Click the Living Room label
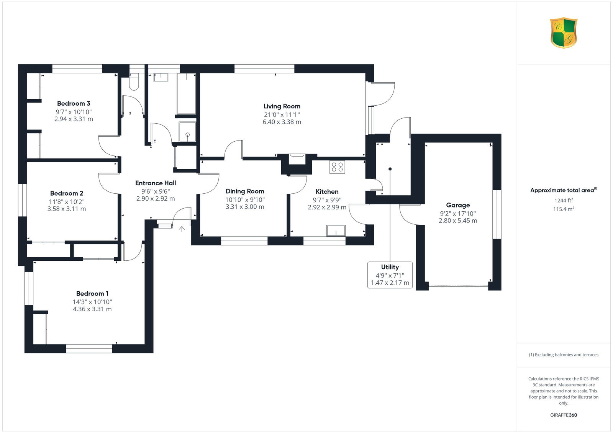[282, 106]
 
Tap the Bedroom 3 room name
[74, 103]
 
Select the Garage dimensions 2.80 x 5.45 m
[458, 221]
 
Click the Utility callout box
[390, 275]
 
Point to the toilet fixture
[134, 82]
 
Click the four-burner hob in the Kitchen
[337, 167]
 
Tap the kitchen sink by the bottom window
[336, 230]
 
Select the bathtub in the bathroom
[187, 94]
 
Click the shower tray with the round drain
[187, 132]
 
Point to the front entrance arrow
[182, 229]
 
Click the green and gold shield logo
[564, 33]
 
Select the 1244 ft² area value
[564, 200]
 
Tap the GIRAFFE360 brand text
[564, 415]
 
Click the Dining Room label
[245, 191]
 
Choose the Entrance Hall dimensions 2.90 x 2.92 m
[156, 199]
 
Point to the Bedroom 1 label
[92, 294]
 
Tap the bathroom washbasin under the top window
[161, 77]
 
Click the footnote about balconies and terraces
[564, 355]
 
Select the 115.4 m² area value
[564, 209]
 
